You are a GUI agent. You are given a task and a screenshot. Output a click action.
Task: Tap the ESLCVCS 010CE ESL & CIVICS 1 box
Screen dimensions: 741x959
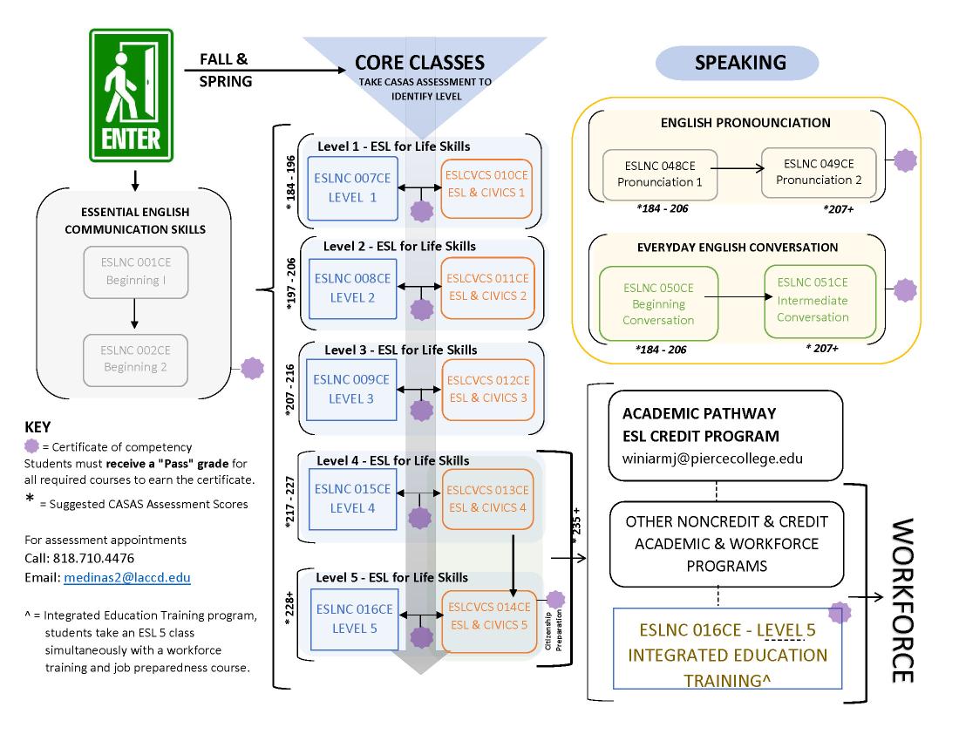click(486, 182)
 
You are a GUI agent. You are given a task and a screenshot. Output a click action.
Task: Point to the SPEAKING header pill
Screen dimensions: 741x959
click(739, 63)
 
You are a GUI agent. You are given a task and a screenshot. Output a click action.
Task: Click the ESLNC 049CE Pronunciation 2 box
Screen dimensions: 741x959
click(819, 171)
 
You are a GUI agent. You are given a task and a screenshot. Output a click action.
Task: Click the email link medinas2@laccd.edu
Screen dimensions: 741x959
click(126, 578)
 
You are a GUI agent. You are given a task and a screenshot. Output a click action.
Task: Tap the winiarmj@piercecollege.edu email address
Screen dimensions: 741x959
click(717, 457)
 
